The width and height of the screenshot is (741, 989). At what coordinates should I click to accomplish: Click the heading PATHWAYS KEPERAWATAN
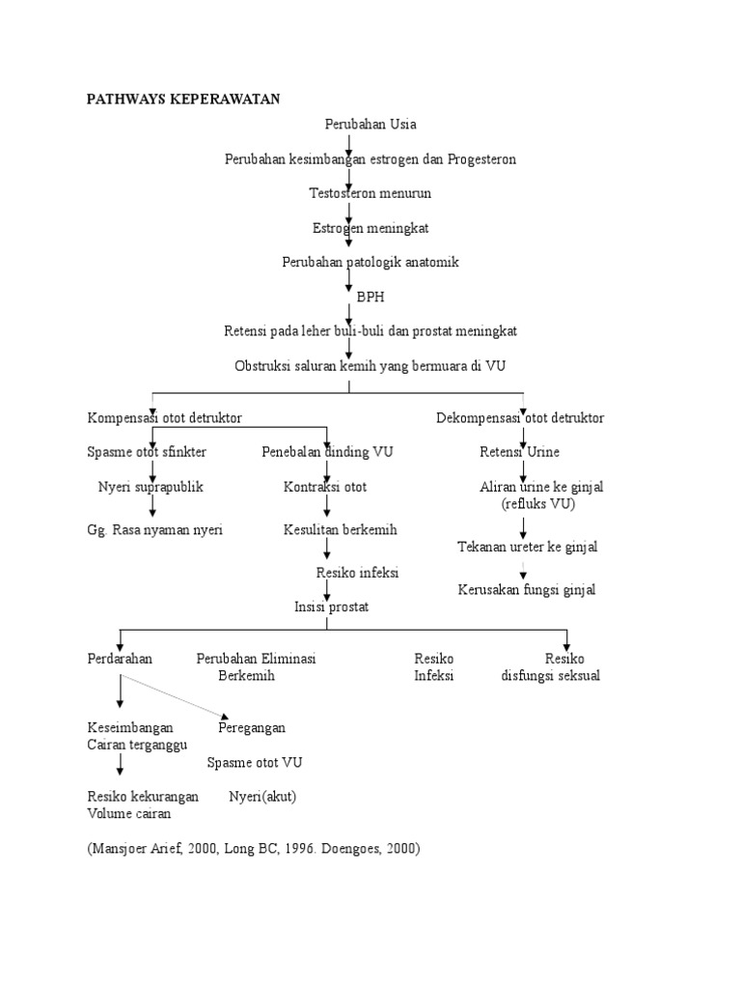tap(183, 99)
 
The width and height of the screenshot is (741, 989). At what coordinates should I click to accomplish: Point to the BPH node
tap(370, 297)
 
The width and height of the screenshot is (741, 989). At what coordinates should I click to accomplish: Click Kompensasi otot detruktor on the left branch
tap(164, 418)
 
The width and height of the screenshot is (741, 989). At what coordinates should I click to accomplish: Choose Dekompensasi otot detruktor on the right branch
tap(520, 418)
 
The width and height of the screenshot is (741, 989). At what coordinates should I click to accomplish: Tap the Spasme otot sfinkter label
tap(147, 452)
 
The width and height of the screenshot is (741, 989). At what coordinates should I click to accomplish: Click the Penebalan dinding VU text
tap(327, 452)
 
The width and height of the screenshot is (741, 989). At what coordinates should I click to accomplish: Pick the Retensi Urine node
tap(519, 452)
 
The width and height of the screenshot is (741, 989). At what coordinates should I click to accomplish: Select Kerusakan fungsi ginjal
tap(526, 589)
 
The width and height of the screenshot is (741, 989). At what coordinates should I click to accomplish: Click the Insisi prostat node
tap(331, 607)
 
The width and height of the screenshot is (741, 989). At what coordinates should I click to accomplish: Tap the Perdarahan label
tap(120, 659)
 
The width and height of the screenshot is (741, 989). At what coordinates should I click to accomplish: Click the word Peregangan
tap(251, 727)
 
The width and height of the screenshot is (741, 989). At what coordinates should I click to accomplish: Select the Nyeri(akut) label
tap(262, 797)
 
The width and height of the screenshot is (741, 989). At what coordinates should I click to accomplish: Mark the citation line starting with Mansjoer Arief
tap(254, 849)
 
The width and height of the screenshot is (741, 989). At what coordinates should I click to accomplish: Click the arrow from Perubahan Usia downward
tap(349, 143)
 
